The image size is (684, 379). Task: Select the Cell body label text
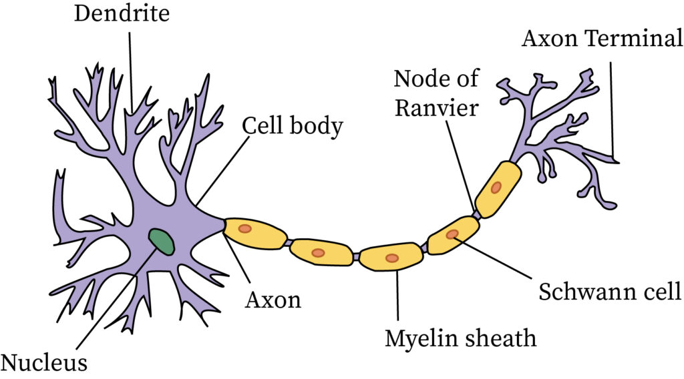[x=292, y=125]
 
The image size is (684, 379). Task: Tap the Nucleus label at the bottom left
[x=43, y=363]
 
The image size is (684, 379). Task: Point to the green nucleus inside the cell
[x=161, y=242]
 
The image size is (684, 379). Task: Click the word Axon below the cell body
[x=273, y=300]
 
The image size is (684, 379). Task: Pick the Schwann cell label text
[x=609, y=292]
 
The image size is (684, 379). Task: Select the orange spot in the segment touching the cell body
[x=245, y=229]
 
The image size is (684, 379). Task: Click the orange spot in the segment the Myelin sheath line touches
[x=392, y=258]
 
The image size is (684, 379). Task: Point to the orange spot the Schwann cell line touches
[x=453, y=234]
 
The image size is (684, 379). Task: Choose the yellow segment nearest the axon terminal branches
[x=498, y=188]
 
